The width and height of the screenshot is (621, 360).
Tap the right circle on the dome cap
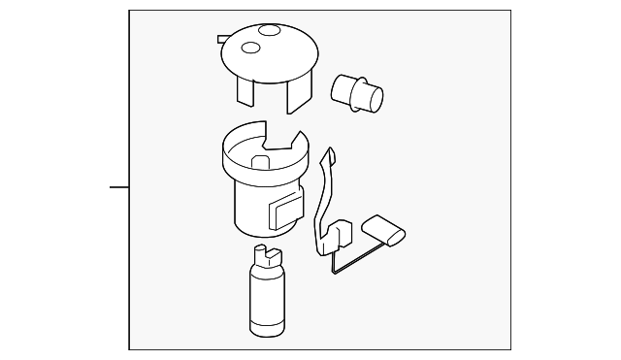[x=269, y=31]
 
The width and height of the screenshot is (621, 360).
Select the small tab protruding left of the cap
[x=222, y=40]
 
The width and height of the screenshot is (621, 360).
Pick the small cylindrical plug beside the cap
[x=356, y=93]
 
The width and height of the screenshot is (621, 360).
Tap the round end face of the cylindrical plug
[x=375, y=100]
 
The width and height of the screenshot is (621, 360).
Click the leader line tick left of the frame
[x=118, y=186]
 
